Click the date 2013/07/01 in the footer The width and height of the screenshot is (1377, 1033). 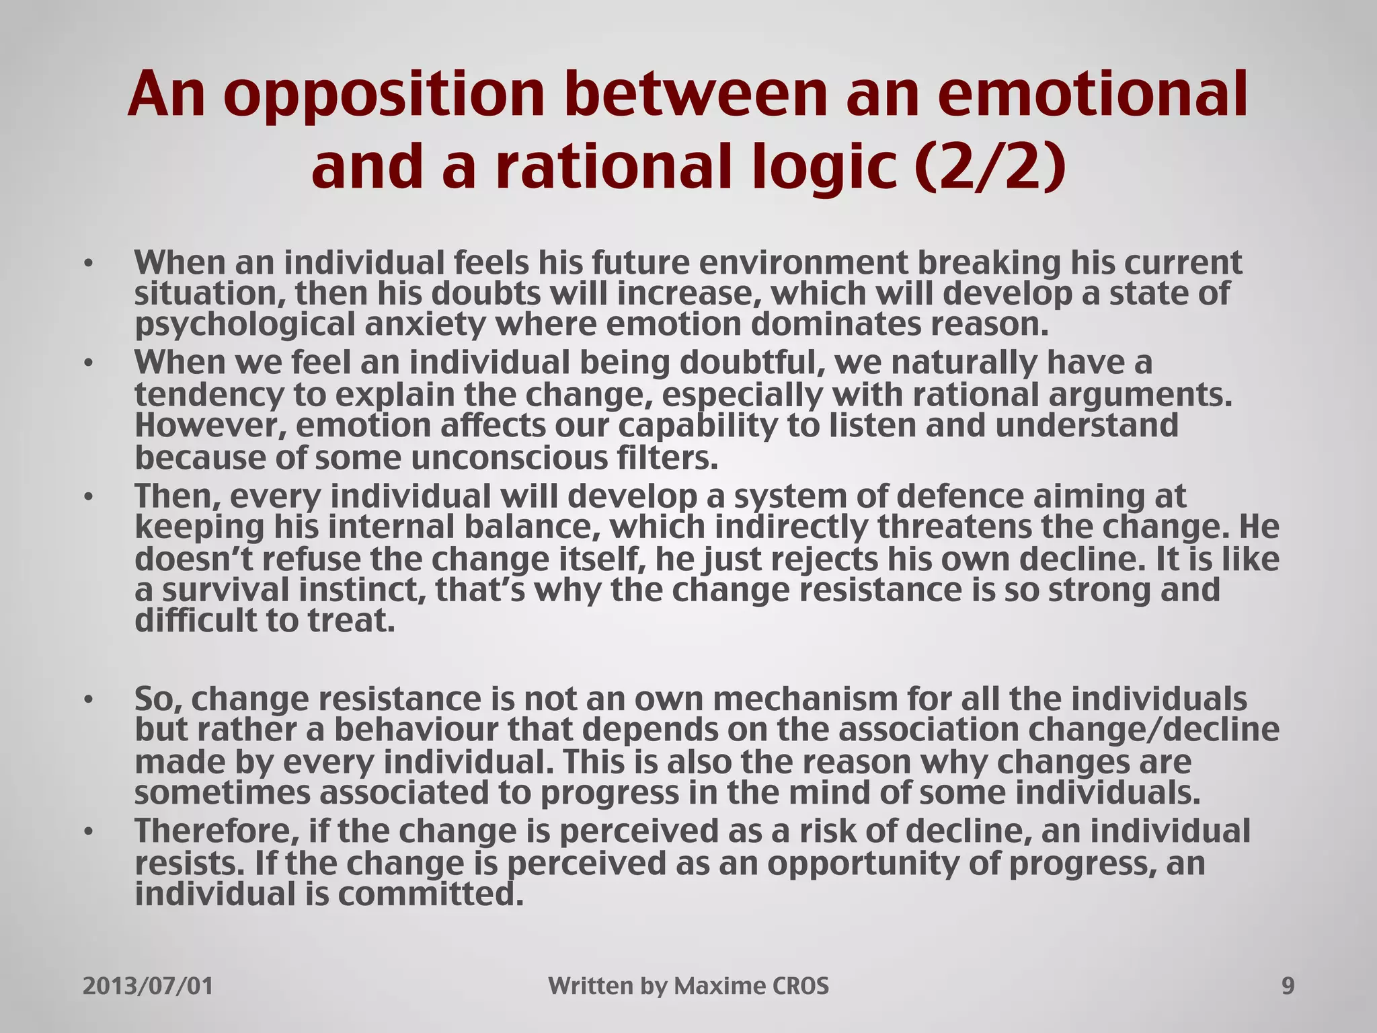[148, 987]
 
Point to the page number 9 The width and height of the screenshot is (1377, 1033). [1288, 987]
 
